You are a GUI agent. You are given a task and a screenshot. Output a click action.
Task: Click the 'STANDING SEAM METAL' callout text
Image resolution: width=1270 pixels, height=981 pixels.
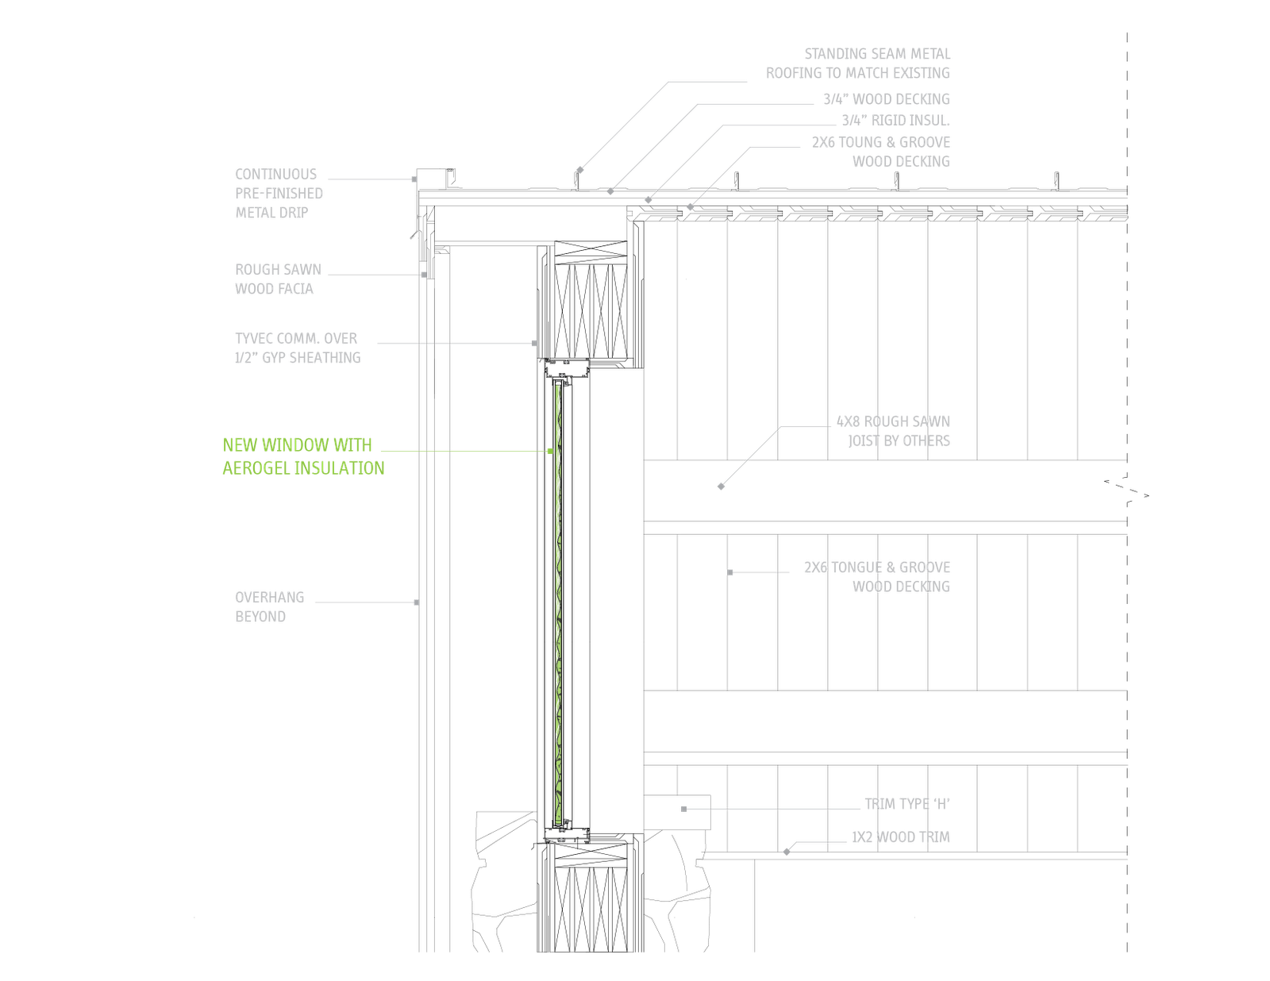pyautogui.click(x=877, y=54)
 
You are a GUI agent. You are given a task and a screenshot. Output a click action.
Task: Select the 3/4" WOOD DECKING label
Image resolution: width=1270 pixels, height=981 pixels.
pyautogui.click(x=886, y=99)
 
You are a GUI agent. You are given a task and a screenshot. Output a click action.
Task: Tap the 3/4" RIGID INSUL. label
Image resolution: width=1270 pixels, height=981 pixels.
pyautogui.click(x=895, y=121)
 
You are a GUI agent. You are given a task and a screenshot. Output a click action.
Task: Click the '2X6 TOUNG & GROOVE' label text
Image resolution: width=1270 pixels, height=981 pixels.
pyautogui.click(x=881, y=143)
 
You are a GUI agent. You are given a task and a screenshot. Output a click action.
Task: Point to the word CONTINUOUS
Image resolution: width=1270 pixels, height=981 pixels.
pyautogui.click(x=275, y=175)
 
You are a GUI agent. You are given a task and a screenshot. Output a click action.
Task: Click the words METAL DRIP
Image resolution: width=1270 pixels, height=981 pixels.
pyautogui.click(x=271, y=213)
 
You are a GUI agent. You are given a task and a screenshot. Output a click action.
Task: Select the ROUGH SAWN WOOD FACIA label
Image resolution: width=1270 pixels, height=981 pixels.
pyautogui.click(x=277, y=279)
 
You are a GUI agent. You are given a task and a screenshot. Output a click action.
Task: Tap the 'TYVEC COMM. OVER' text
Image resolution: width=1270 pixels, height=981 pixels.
pyautogui.click(x=295, y=339)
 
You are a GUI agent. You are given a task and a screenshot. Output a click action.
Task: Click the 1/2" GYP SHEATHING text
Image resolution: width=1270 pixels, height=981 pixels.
pyautogui.click(x=297, y=358)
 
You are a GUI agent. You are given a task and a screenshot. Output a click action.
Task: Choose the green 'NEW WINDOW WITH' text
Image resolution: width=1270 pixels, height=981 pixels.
pyautogui.click(x=297, y=445)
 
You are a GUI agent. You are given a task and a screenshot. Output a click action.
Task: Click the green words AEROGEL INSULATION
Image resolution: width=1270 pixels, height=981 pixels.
pyautogui.click(x=303, y=468)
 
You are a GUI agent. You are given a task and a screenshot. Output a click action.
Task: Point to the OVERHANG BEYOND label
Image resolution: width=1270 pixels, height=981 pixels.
pyautogui.click(x=268, y=607)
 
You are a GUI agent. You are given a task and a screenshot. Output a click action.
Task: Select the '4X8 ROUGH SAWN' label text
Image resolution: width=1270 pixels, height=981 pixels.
pyautogui.click(x=893, y=421)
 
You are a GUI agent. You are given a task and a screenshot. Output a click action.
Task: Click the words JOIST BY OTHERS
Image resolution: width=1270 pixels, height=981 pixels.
pyautogui.click(x=899, y=440)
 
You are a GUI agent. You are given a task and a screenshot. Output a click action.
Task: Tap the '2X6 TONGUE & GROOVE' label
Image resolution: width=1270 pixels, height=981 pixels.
pyautogui.click(x=877, y=567)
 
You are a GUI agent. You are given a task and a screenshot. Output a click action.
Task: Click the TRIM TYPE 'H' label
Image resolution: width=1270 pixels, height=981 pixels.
pyautogui.click(x=907, y=804)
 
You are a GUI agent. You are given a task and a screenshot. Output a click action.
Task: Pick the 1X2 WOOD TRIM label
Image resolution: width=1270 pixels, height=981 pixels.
pyautogui.click(x=900, y=837)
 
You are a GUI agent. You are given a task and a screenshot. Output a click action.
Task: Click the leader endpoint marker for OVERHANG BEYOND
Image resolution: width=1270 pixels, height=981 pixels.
pyautogui.click(x=418, y=602)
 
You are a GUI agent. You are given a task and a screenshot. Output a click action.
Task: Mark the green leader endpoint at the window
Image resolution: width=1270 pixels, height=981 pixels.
pyautogui.click(x=550, y=451)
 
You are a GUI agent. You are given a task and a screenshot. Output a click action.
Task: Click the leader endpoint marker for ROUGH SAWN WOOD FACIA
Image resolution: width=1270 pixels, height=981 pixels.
pyautogui.click(x=424, y=275)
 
